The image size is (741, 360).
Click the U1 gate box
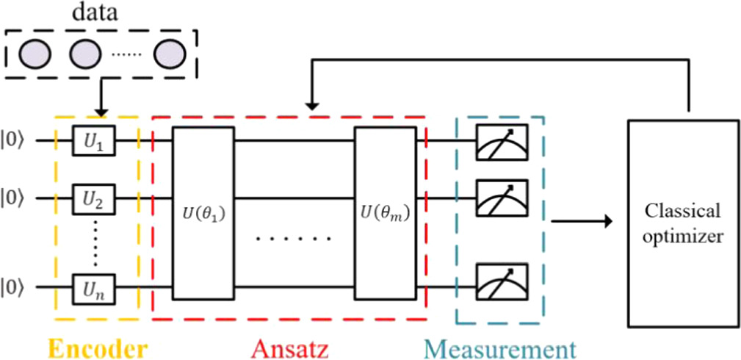[x=103, y=140]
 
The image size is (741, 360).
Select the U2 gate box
[x=103, y=198]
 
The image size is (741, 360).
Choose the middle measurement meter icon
[x=499, y=198]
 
